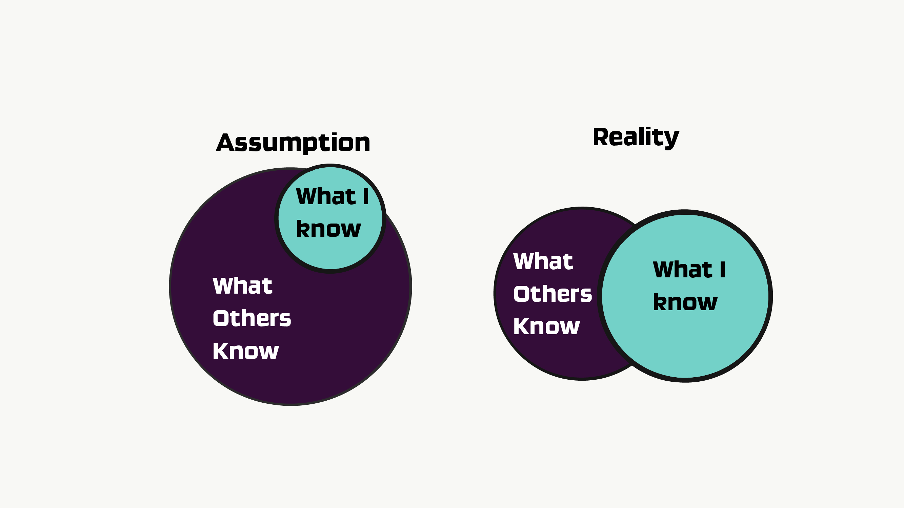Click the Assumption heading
click(x=293, y=143)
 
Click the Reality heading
click(x=636, y=138)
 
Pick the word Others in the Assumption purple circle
click(x=252, y=318)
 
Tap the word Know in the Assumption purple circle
click(x=246, y=351)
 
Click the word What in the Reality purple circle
click(x=543, y=261)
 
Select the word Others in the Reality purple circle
click(x=553, y=294)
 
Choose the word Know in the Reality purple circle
click(x=546, y=326)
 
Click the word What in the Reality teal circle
click(x=683, y=270)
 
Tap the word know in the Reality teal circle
click(x=685, y=302)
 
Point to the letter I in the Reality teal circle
click(x=723, y=270)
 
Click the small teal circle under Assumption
click(x=330, y=218)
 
